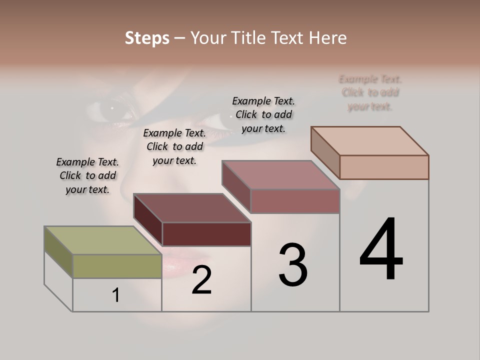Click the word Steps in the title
pyautogui.click(x=147, y=38)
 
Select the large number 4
pyautogui.click(x=381, y=250)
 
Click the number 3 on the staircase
pyautogui.click(x=293, y=265)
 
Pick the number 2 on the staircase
pyautogui.click(x=201, y=280)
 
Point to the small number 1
pyautogui.click(x=116, y=295)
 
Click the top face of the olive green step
pyautogui.click(x=102, y=240)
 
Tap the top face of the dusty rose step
pyautogui.click(x=280, y=175)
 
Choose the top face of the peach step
pyautogui.click(x=369, y=141)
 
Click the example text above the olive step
pyautogui.click(x=87, y=175)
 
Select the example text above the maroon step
pyautogui.click(x=174, y=146)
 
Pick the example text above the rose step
pyautogui.click(x=263, y=114)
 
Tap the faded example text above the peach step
pyautogui.click(x=370, y=92)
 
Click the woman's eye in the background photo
pyautogui.click(x=112, y=107)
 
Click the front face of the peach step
pyautogui.click(x=384, y=167)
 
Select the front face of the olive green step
pyautogui.click(x=117, y=266)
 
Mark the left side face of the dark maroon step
pyautogui.click(x=148, y=220)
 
